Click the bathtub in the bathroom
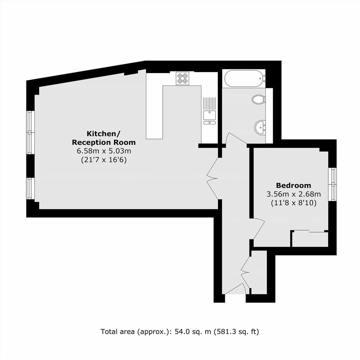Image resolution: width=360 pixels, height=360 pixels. (244, 78)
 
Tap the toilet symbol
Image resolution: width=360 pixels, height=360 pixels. (259, 100)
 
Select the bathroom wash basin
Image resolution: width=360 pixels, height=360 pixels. (260, 127)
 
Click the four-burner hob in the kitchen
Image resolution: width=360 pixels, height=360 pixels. (183, 78)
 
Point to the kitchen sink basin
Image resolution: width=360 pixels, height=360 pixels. (209, 115)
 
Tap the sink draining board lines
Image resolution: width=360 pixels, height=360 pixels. (209, 104)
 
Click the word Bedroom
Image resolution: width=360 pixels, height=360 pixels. (293, 185)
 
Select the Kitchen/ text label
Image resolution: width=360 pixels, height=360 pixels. (103, 133)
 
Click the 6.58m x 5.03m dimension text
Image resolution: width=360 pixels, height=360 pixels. (104, 151)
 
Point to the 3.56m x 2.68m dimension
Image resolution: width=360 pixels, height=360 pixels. (293, 194)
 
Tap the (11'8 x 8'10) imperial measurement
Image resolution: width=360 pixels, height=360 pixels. (293, 203)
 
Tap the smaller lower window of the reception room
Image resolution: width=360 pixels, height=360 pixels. (30, 188)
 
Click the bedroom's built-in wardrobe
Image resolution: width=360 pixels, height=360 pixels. (310, 239)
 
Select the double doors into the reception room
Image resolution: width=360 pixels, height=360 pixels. (213, 178)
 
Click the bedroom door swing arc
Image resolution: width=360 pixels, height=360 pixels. (259, 228)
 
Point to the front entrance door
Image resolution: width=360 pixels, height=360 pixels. (236, 289)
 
